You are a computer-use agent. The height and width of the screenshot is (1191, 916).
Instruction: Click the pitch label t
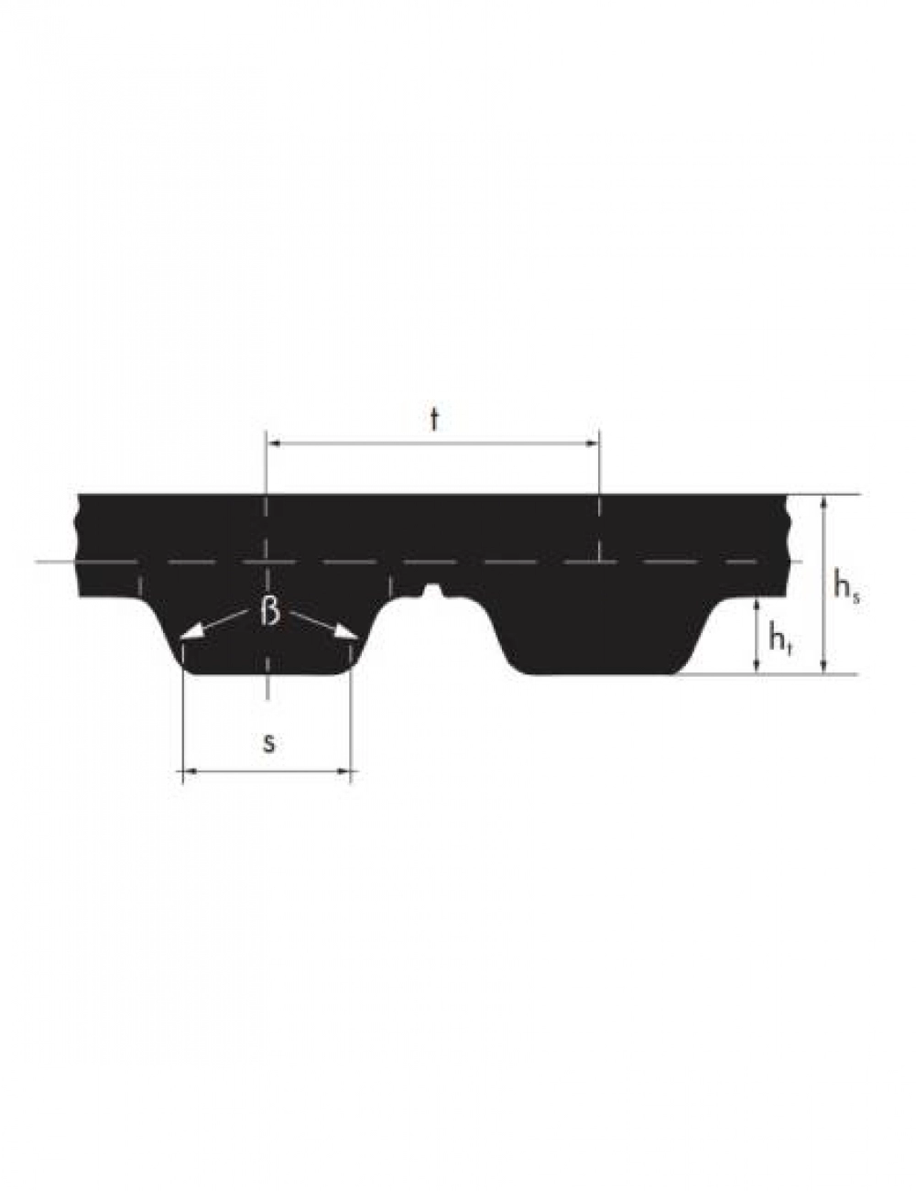pyautogui.click(x=434, y=420)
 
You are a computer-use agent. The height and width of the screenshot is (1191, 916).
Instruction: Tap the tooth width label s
pyautogui.click(x=267, y=744)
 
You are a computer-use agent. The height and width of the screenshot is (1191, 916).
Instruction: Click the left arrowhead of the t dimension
pyautogui.click(x=273, y=443)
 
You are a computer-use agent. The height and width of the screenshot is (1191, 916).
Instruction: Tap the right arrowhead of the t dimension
pyautogui.click(x=593, y=443)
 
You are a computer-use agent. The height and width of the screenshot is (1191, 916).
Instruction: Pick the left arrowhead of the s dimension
pyautogui.click(x=190, y=771)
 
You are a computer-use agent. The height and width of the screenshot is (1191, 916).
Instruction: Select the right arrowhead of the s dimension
pyautogui.click(x=343, y=771)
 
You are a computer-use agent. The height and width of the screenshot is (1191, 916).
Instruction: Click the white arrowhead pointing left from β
pyautogui.click(x=190, y=632)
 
